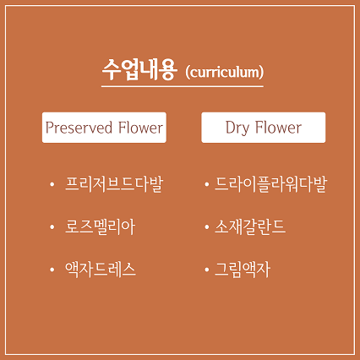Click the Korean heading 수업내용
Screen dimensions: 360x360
click(139, 70)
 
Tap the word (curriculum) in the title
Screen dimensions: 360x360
click(225, 72)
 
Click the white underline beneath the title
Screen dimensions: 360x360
click(183, 86)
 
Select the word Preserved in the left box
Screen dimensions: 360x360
click(79, 128)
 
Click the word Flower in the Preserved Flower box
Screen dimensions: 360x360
click(140, 128)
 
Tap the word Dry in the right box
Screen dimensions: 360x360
click(237, 128)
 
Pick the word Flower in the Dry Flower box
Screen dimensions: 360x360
click(278, 128)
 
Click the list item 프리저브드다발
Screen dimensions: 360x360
click(114, 184)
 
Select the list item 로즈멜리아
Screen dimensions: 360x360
click(101, 227)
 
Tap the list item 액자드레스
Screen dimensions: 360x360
click(101, 270)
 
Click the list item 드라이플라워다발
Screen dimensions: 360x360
click(270, 184)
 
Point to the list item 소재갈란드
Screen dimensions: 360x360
click(250, 227)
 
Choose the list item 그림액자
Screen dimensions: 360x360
click(243, 270)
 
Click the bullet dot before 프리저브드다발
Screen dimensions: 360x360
click(52, 185)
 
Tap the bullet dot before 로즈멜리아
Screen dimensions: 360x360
click(52, 227)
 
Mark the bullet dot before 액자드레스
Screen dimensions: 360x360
click(52, 270)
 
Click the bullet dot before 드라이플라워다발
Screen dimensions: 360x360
click(207, 185)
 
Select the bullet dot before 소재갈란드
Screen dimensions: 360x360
click(207, 227)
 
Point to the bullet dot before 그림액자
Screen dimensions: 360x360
click(207, 270)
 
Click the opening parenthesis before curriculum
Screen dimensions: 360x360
click(188, 73)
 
